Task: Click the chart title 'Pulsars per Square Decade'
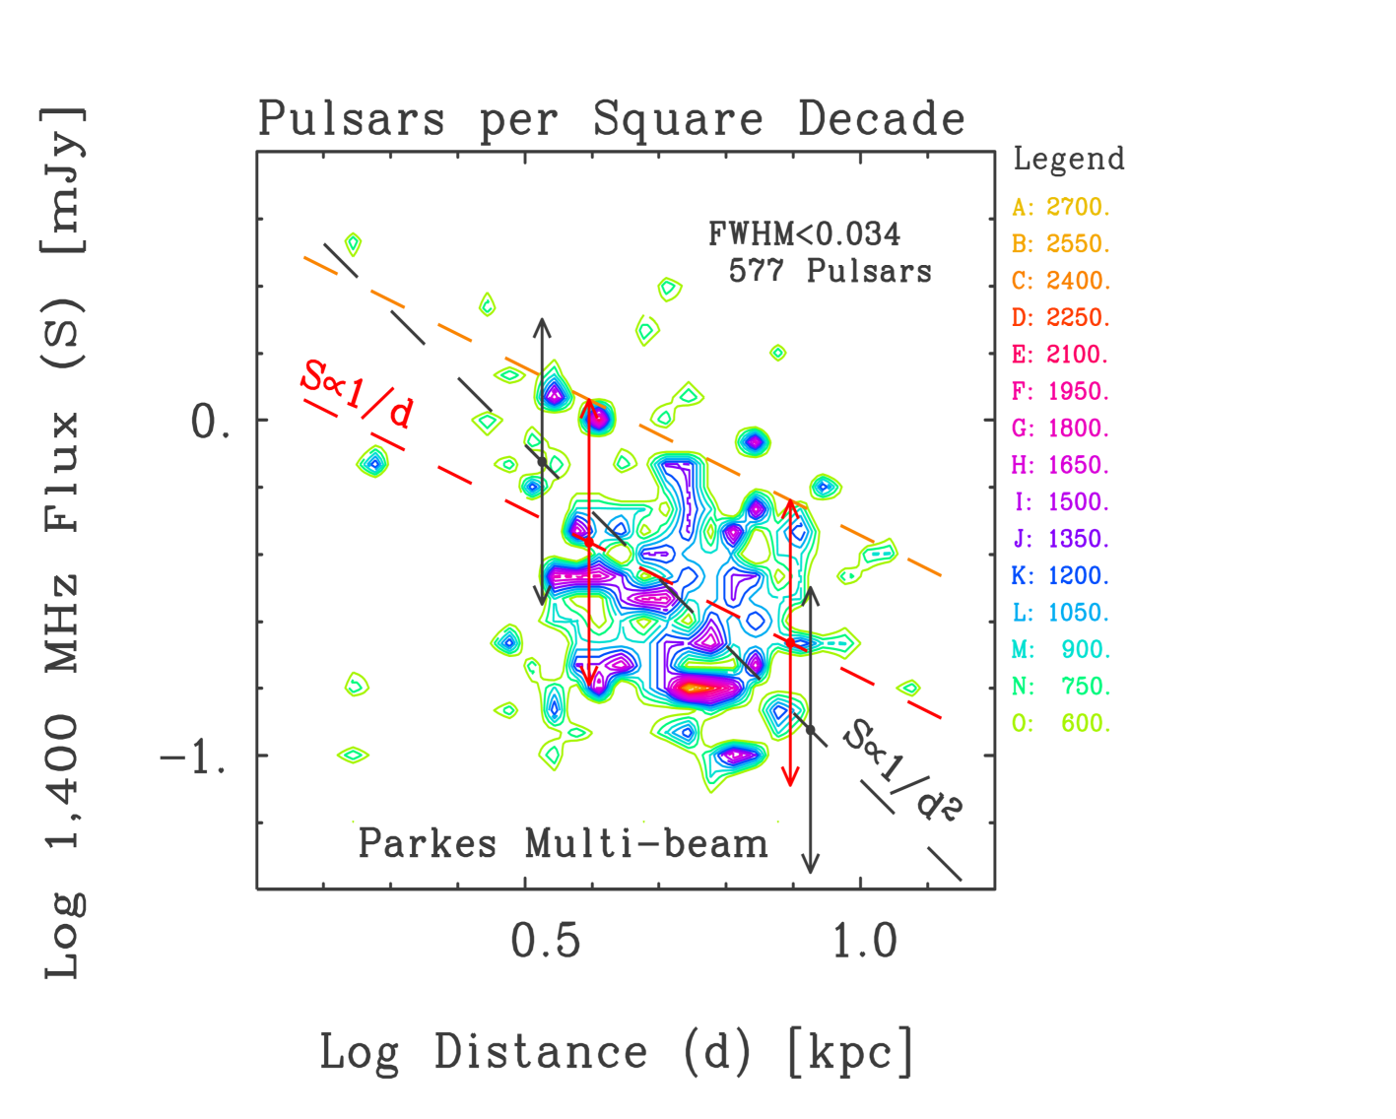(x=611, y=120)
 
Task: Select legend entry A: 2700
(x=1061, y=207)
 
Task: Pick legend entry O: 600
(x=1061, y=724)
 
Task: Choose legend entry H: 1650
(x=1061, y=465)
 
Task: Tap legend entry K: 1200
(x=1061, y=576)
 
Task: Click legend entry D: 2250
(x=1061, y=318)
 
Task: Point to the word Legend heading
(x=1068, y=159)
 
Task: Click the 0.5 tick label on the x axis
(x=546, y=942)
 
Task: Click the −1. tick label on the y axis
(x=196, y=758)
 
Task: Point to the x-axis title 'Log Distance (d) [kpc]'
(x=617, y=1052)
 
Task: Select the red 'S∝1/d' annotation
(x=357, y=393)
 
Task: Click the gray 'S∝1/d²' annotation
(x=902, y=768)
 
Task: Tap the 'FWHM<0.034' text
(x=804, y=234)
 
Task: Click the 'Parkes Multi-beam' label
(x=563, y=844)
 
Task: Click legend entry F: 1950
(x=1061, y=392)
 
